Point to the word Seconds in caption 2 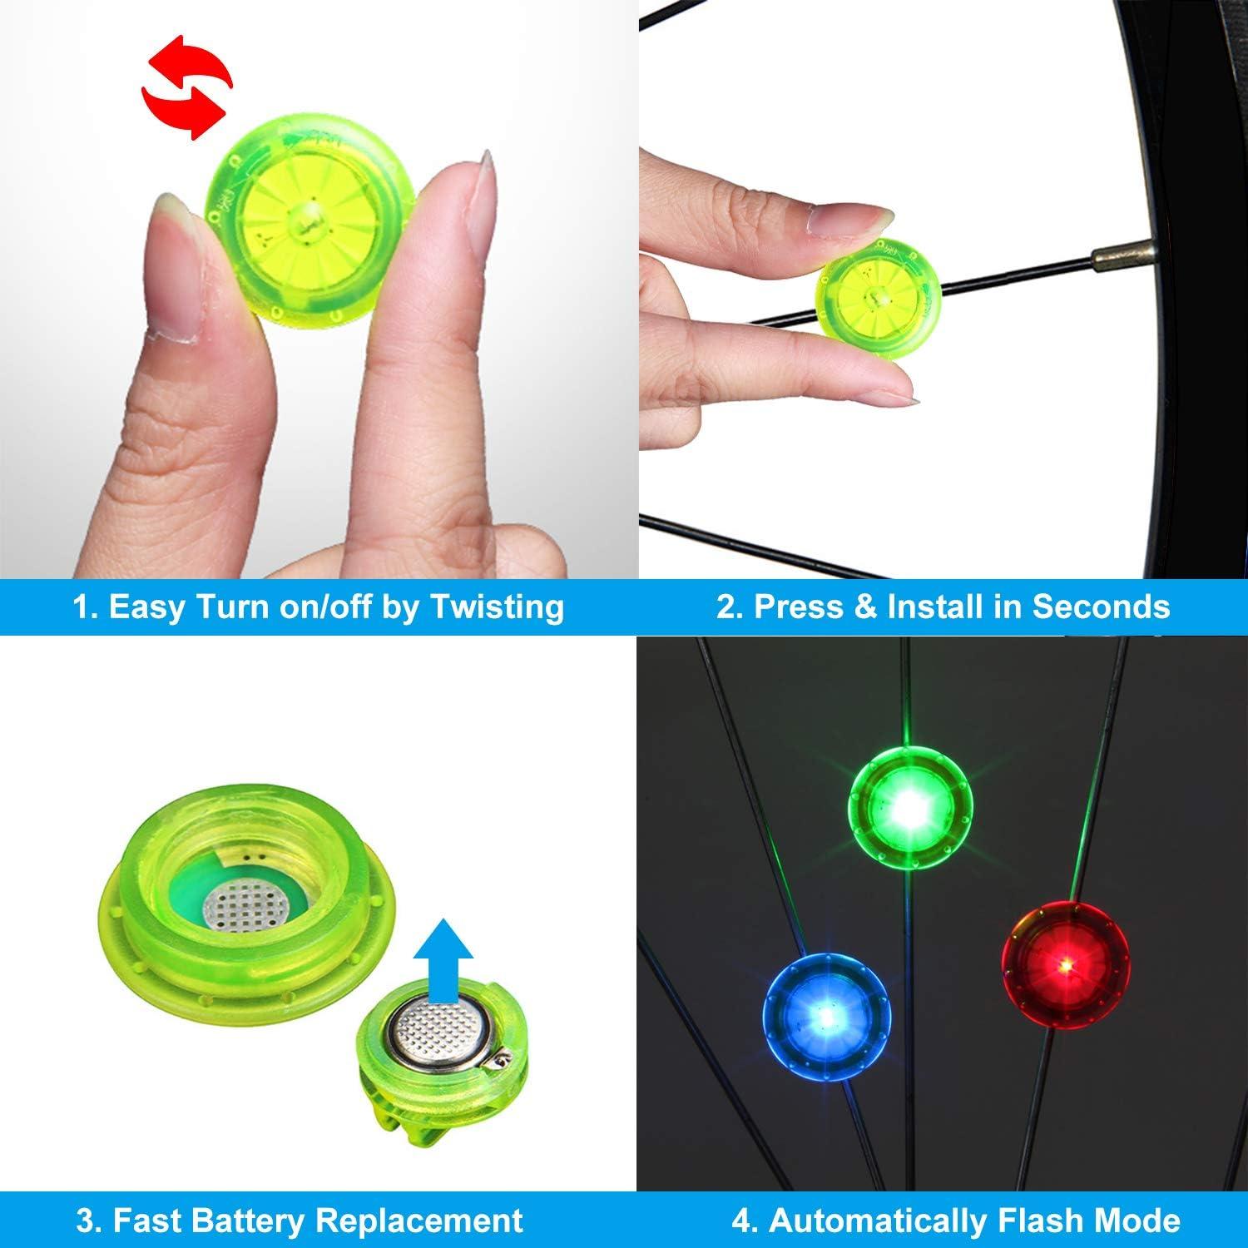click(x=1101, y=607)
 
